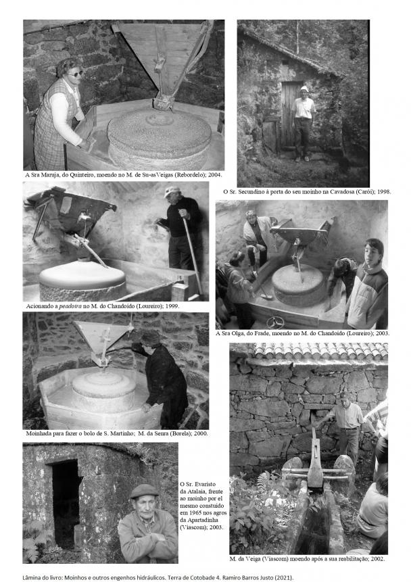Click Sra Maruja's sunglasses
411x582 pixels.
pyautogui.click(x=75, y=74)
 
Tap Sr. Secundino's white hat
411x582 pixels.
pyautogui.click(x=304, y=89)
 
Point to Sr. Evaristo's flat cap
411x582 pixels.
pyautogui.click(x=144, y=491)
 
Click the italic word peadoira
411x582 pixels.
pyautogui.click(x=70, y=307)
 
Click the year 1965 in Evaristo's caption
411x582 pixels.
pyautogui.click(x=197, y=512)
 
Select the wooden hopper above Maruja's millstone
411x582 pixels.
pyautogui.click(x=164, y=59)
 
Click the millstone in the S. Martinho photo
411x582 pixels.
pyautogui.click(x=104, y=391)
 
